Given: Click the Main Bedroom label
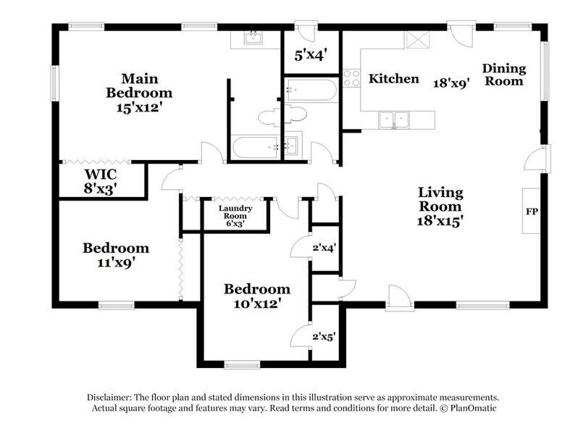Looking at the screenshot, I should coord(139,85).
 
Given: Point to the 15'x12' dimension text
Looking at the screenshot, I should coord(139,108).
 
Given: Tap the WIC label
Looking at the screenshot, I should coord(101,175).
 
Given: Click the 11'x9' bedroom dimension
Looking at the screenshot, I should coord(116,263).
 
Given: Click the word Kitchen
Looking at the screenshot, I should coord(394,78).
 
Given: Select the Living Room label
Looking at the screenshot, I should coord(440,199).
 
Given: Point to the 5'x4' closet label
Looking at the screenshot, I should coord(310,54).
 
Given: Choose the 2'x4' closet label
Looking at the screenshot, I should coord(324,248).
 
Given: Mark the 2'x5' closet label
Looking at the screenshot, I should coord(324,335).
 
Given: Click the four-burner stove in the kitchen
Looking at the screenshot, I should coord(351,78).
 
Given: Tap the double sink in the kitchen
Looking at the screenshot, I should coord(395,118).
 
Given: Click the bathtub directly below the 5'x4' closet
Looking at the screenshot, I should coord(310,91).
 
